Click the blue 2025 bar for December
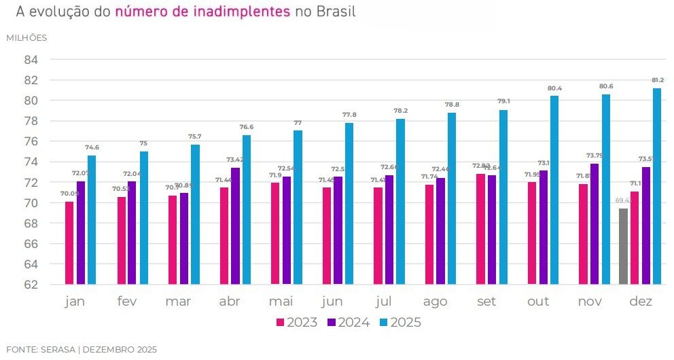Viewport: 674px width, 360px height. point(656,186)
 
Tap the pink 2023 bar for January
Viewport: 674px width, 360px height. point(69,242)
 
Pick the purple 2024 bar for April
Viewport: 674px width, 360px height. point(235,226)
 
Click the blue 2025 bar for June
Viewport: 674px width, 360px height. point(349,203)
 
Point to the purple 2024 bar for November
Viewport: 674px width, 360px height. point(595,223)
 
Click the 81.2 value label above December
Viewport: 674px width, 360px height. point(657,80)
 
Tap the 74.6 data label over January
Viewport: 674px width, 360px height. point(92,147)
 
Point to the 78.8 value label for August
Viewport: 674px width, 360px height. point(452,105)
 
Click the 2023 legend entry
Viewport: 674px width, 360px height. point(297,323)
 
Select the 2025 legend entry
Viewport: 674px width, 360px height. point(400,323)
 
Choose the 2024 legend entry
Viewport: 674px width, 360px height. point(349,323)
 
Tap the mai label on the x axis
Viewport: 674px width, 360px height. point(281,302)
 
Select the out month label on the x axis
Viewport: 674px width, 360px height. point(539,302)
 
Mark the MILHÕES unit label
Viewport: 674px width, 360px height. point(26,38)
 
